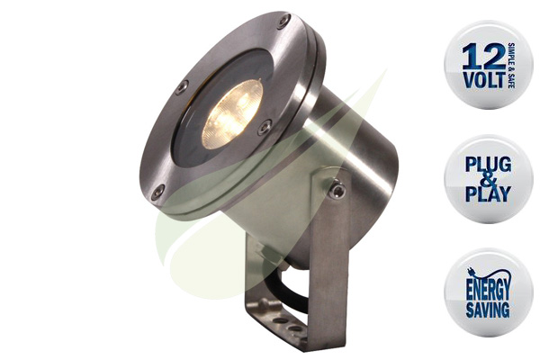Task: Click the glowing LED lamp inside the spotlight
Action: point(232,114)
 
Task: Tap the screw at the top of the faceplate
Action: point(283,21)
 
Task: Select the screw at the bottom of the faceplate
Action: point(158,191)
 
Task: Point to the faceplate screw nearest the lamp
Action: point(265,127)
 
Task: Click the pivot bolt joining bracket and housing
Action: point(337,190)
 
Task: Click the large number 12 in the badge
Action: point(484,56)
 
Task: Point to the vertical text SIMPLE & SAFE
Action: point(511,66)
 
